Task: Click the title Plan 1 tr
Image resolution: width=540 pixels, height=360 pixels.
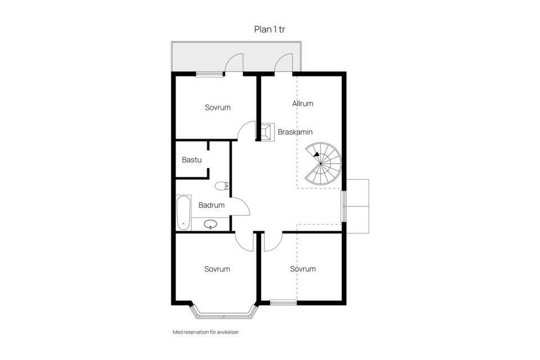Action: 269,29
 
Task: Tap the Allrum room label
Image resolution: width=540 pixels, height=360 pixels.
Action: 303,103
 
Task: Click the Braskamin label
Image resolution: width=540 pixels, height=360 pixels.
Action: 295,132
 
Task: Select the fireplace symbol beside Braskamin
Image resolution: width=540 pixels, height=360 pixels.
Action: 267,132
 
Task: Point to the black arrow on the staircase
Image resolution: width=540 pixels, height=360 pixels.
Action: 316,155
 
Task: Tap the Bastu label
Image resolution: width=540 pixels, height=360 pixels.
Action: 192,160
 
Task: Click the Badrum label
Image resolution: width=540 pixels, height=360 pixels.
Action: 211,205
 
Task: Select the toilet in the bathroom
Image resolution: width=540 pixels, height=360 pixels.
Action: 222,186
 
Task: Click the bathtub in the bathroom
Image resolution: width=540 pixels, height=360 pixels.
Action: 183,213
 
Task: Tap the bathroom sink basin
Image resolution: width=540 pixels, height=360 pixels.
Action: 210,224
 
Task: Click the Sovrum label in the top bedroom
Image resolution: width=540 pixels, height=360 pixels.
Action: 218,107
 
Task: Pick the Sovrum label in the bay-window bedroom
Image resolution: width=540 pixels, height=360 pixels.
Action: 217,269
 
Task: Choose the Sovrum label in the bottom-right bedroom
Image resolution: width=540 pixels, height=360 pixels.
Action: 303,269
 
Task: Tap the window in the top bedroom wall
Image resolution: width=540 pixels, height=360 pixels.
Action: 209,74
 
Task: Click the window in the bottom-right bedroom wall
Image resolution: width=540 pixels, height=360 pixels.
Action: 283,303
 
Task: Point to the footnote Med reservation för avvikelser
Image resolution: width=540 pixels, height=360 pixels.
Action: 206,332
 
